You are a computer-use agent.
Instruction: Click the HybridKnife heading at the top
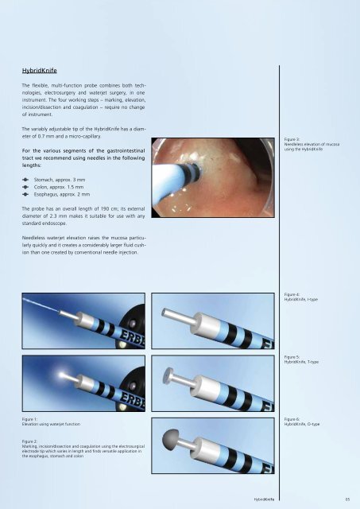(40, 71)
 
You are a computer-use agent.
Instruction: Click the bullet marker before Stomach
(25, 180)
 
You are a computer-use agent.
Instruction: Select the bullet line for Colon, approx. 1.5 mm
(53, 188)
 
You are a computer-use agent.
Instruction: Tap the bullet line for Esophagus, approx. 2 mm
(56, 194)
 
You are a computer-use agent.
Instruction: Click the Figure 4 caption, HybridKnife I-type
(301, 297)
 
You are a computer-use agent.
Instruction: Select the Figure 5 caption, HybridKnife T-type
(301, 359)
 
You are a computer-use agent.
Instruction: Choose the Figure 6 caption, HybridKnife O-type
(302, 422)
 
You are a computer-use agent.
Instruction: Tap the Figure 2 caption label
(30, 441)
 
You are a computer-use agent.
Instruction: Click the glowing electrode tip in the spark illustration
(62, 375)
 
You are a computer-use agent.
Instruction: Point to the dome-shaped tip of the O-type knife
(170, 437)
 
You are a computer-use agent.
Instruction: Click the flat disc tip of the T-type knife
(168, 376)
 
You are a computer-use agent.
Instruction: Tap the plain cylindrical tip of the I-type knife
(165, 313)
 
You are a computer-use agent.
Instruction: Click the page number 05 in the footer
(347, 499)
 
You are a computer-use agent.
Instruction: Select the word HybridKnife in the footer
(264, 499)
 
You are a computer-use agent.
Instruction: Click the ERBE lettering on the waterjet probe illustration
(134, 338)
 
